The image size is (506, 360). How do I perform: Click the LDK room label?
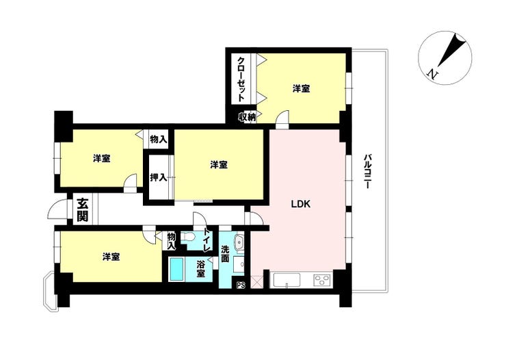301,204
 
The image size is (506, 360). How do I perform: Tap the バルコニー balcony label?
367,171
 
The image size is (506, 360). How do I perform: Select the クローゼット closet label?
241,79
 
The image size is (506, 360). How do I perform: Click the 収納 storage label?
248,117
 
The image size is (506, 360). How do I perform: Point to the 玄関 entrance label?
82,209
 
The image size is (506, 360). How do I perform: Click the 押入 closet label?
159,177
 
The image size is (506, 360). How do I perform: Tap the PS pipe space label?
241,285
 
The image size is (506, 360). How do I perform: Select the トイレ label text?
207,240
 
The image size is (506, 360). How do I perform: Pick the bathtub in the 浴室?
176,269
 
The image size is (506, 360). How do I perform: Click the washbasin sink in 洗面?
239,242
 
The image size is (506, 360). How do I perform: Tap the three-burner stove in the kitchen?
322,280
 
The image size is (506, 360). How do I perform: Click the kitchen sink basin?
287,280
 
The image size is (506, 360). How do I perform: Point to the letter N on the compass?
432,75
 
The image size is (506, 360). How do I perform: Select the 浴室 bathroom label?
201,269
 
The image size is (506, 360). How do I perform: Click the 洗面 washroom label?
225,254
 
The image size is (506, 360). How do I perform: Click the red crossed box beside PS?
257,281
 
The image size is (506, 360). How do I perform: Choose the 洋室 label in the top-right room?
302,88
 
